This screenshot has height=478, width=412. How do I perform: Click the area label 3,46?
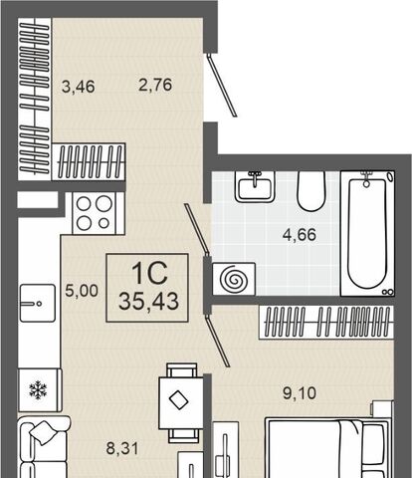click(79, 87)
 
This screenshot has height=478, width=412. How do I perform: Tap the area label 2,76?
click(155, 85)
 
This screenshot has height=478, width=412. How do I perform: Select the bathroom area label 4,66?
click(300, 235)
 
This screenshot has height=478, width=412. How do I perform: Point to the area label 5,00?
click(82, 291)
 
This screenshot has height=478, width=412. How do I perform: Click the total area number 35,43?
click(148, 302)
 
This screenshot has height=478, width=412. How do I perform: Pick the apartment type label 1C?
click(149, 273)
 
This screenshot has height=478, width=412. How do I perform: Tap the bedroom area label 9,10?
click(300, 393)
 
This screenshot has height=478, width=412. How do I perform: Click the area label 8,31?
click(121, 448)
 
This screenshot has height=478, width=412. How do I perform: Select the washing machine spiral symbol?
click(234, 279)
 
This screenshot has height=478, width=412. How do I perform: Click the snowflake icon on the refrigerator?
click(38, 390)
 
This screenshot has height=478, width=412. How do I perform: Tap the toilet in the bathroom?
click(310, 191)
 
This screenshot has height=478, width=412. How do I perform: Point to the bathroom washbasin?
click(255, 186)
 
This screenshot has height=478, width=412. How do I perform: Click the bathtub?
click(367, 233)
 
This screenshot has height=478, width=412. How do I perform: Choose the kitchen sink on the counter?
click(38, 303)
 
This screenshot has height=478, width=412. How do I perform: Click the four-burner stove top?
click(95, 213)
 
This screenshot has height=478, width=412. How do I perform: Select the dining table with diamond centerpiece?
click(181, 402)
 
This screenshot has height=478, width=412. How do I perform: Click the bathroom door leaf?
click(197, 229)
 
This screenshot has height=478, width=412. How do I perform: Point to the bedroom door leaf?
click(218, 341)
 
